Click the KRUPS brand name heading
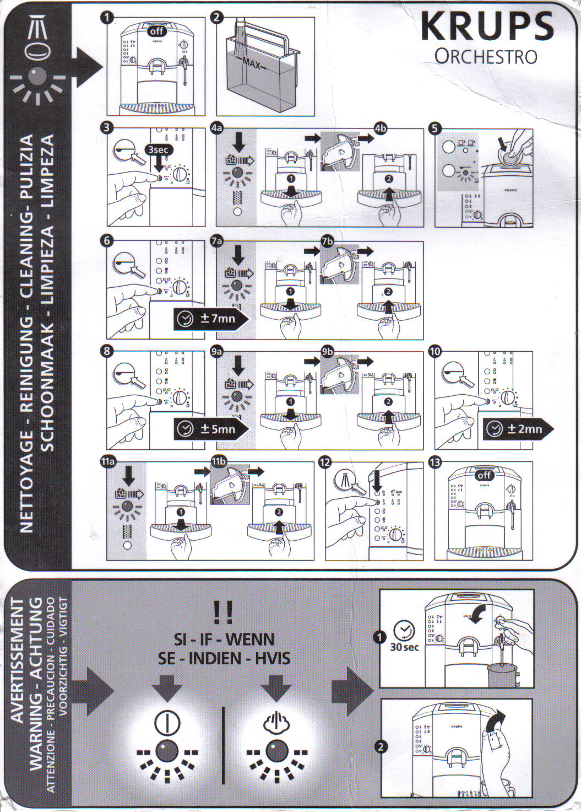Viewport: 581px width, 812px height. [x=487, y=26]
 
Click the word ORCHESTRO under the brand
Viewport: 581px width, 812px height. [x=485, y=56]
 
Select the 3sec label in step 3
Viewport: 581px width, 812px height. [x=158, y=149]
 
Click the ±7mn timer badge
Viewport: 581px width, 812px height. [x=210, y=319]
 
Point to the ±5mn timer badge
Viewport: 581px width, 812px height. [x=210, y=429]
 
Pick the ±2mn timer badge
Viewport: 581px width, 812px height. [x=518, y=429]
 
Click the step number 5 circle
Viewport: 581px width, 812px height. [x=436, y=128]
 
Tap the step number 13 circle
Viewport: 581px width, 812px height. [x=436, y=462]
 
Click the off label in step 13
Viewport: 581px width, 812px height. [x=484, y=475]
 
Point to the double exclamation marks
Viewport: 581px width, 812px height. [x=223, y=611]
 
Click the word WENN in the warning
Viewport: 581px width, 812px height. [x=250, y=639]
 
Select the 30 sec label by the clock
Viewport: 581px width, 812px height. [x=404, y=647]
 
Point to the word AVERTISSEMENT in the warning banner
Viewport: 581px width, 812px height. [x=18, y=661]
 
